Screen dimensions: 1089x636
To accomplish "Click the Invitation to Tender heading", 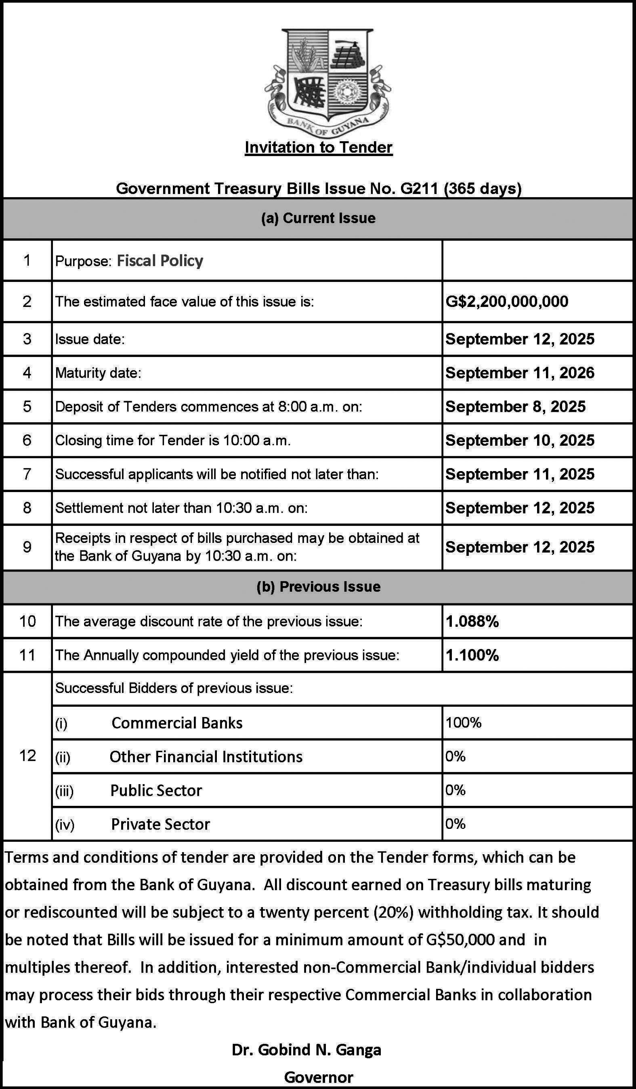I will point(319,147).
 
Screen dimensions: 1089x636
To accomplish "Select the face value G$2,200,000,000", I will point(507,302).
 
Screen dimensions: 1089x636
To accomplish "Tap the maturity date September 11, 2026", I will point(520,373).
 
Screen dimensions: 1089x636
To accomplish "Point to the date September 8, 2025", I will point(515,406).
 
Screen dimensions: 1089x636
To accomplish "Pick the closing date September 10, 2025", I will point(520,440).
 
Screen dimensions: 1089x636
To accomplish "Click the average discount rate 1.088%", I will point(472,622).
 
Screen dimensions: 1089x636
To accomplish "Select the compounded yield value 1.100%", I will point(472,655).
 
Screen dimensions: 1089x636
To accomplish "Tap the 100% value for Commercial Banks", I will point(464,722).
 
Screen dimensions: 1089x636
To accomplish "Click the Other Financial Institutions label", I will point(206,757).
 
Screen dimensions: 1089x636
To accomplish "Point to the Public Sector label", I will point(156,791).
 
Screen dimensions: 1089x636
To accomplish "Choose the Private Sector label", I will point(161,824).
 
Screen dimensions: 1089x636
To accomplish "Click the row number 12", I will point(27,755).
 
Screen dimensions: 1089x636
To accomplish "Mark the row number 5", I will point(27,406).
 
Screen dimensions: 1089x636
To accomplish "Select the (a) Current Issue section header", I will point(319,218).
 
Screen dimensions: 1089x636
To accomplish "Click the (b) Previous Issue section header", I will point(319,586).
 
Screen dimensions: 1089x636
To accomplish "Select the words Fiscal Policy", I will point(160,261).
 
